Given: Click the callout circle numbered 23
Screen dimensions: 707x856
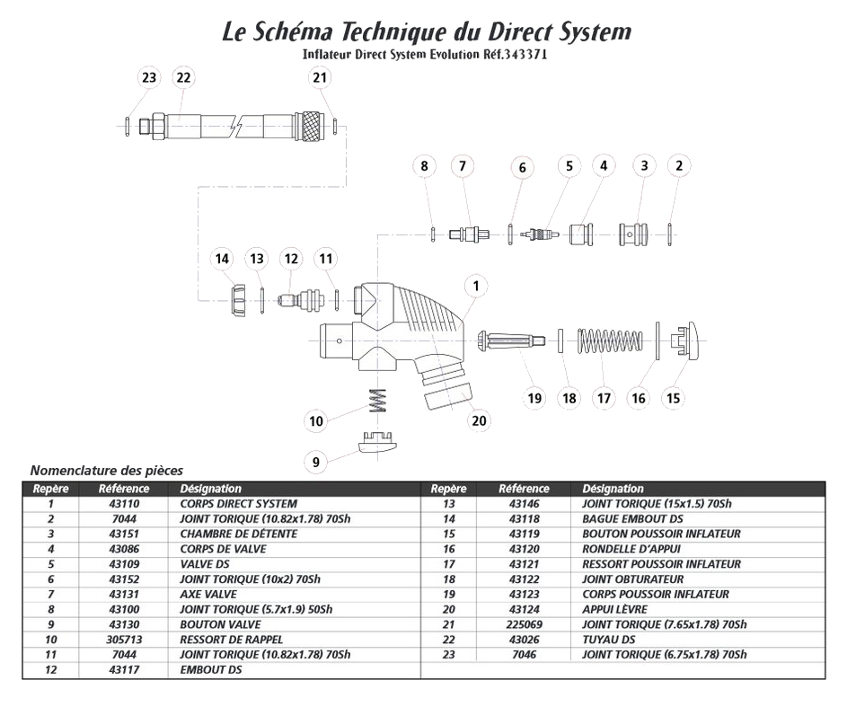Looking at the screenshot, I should pos(149,77).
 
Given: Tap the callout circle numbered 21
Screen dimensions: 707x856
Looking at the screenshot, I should pos(321,77).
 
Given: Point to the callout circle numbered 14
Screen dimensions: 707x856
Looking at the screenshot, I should pos(221,259).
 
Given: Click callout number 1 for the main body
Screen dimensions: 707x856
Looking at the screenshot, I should pos(476,286).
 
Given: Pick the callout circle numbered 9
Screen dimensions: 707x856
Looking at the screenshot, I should pos(316,463).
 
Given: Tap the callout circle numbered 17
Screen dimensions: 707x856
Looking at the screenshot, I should pos(604,397).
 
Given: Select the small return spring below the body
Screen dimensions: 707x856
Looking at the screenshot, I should pos(378,400).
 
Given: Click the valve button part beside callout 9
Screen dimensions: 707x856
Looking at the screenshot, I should pos(377,443).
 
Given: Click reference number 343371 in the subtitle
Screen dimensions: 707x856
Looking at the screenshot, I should pos(521,55).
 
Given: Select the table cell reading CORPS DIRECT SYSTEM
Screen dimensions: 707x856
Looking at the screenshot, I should pos(238,504).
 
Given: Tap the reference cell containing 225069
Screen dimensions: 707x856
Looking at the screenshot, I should pos(523,624).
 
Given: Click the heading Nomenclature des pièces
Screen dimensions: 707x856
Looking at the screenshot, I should pos(106,470).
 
